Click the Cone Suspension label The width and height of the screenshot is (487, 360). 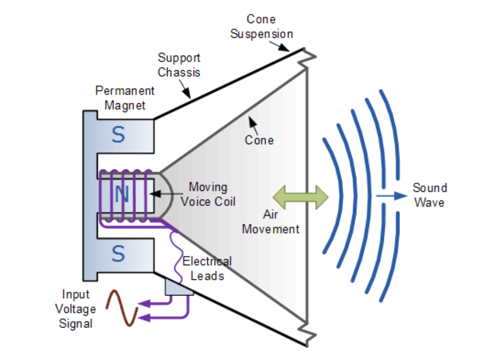[x=261, y=27]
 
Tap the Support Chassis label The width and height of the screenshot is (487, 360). [x=179, y=65]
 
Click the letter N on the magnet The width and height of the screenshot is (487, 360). [x=121, y=195]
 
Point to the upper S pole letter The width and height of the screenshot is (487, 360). [x=119, y=135]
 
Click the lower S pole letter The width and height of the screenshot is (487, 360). [x=119, y=254]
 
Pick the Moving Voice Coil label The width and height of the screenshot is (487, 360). [x=208, y=194]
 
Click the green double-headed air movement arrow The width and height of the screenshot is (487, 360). [x=301, y=197]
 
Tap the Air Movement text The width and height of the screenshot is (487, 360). [x=271, y=222]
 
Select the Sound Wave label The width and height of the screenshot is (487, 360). [x=429, y=195]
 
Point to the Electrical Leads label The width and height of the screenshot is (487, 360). [x=206, y=268]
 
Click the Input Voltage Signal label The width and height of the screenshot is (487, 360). [x=76, y=309]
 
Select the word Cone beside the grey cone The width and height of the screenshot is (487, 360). [x=259, y=140]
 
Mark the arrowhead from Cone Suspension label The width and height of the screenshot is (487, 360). [x=288, y=50]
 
